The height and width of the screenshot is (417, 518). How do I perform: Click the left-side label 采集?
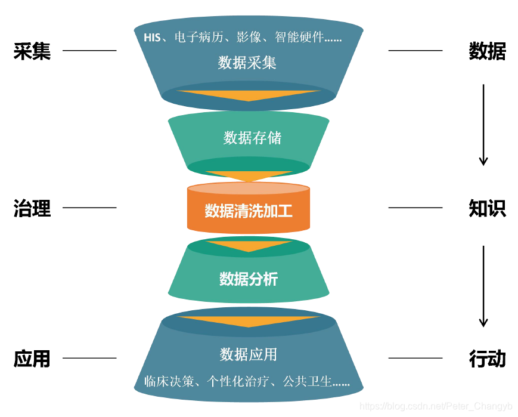tap(32, 51)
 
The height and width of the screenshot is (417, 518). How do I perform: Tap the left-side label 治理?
tap(32, 208)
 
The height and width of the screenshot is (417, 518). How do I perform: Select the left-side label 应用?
tap(32, 359)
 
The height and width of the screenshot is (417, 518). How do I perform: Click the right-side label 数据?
tap(487, 51)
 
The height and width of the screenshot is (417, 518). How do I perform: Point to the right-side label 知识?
tap(487, 208)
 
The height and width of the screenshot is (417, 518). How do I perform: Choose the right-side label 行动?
tap(487, 359)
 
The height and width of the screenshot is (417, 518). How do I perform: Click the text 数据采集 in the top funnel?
tap(247, 62)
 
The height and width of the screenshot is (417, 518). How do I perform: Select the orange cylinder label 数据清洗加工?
tap(249, 211)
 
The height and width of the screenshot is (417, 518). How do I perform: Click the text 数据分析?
tap(249, 279)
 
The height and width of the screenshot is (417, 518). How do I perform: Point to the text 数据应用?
tap(248, 354)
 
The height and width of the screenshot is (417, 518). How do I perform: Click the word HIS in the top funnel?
tap(152, 38)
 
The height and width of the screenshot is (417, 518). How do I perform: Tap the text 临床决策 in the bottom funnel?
tap(169, 381)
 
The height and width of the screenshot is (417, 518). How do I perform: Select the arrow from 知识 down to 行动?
tap(483, 286)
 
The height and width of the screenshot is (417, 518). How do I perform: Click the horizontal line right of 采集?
tap(89, 51)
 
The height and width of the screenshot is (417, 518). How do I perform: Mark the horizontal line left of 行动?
tap(415, 359)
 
